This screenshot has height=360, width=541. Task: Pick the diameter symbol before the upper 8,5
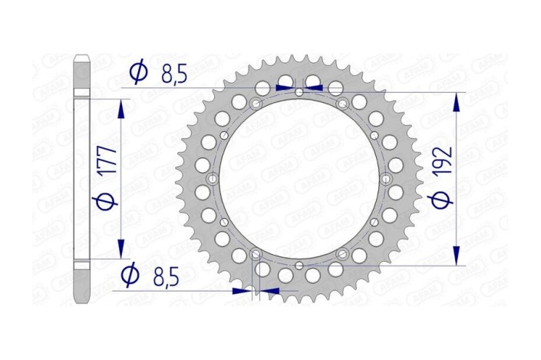point(139,73)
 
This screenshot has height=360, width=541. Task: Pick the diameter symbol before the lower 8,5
point(130,273)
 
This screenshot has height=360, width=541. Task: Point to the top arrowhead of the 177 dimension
point(120,107)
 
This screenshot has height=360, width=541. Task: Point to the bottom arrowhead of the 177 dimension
point(120,247)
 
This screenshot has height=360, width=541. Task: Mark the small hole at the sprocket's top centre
point(299,93)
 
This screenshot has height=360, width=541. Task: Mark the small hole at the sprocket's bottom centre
point(299,266)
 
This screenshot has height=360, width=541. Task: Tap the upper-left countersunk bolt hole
point(256,104)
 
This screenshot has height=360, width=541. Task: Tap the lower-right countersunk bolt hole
point(342,254)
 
